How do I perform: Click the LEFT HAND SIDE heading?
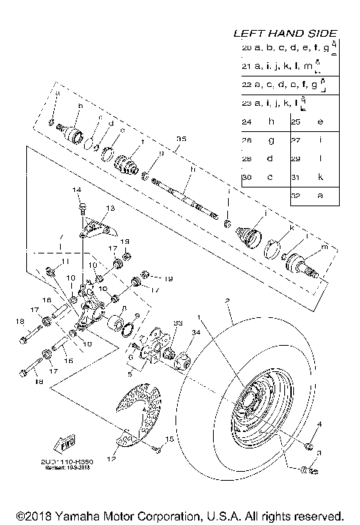click(285, 33)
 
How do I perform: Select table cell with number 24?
click(247, 121)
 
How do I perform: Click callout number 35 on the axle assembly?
click(180, 139)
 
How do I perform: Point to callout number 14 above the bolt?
click(76, 191)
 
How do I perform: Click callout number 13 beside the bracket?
click(109, 208)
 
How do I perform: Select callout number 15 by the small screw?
click(169, 438)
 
